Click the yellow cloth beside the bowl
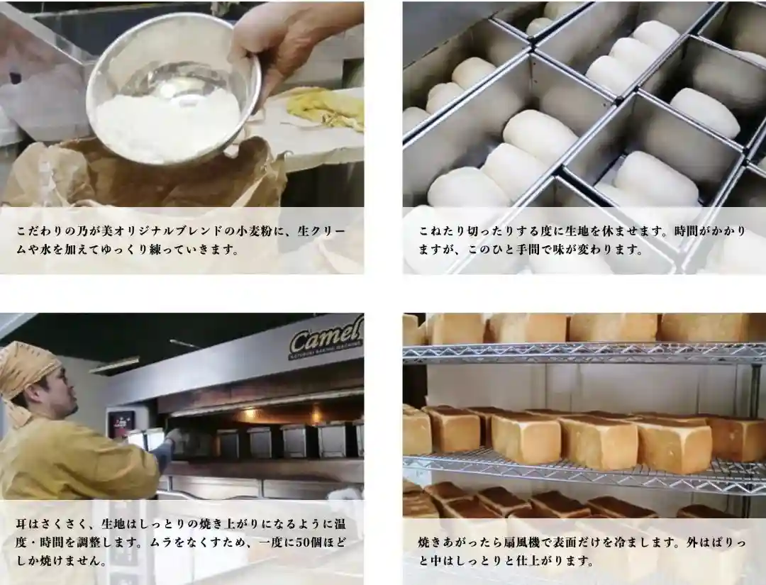325,111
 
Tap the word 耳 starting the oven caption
21,524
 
